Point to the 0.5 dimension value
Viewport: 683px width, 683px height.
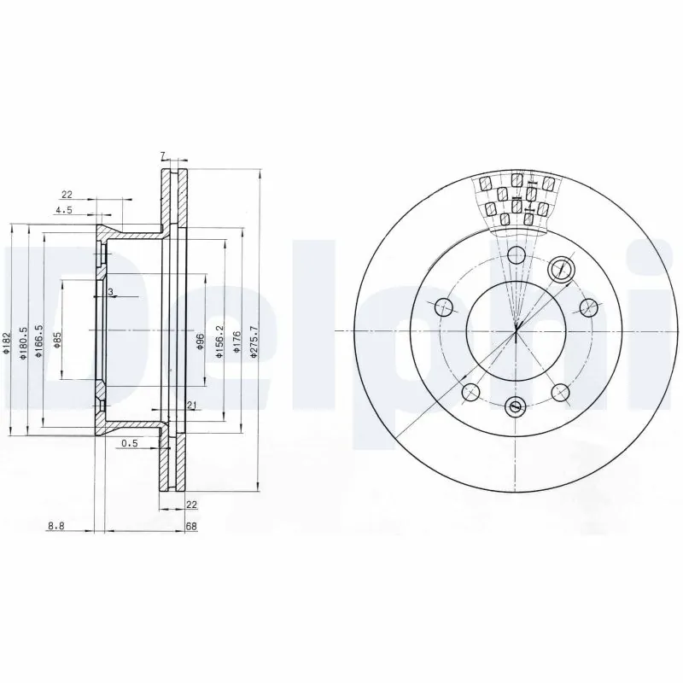pyautogui.click(x=130, y=442)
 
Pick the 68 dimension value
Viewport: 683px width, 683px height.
pyautogui.click(x=191, y=528)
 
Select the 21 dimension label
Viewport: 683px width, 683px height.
pyautogui.click(x=192, y=404)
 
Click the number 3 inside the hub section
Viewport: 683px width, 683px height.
pyautogui.click(x=110, y=293)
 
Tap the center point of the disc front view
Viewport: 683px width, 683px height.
pyautogui.click(x=517, y=330)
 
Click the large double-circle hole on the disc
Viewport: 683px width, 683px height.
pyautogui.click(x=561, y=269)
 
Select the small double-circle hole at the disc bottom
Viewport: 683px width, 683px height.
pyautogui.click(x=514, y=407)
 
